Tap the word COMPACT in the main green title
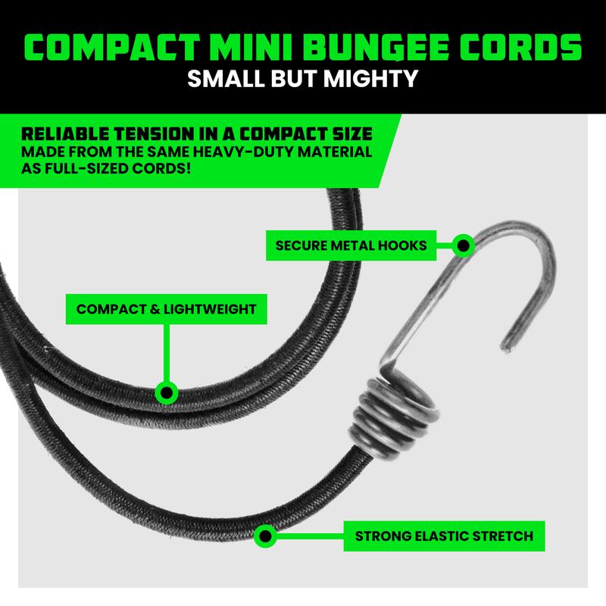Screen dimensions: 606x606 tap(112, 47)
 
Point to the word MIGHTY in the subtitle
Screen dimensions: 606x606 tap(370, 79)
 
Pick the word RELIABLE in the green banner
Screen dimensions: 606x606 tap(65, 134)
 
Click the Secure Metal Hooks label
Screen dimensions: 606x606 tap(351, 245)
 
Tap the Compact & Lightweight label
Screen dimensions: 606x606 tap(166, 309)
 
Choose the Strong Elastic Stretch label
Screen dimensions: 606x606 tap(444, 536)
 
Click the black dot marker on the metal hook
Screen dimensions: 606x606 tap(463, 245)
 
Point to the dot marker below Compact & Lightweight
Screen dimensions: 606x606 tap(167, 392)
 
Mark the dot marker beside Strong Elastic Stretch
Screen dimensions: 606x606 tap(265, 536)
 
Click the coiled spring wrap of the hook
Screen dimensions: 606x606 tap(393, 417)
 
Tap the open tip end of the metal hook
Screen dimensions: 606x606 tap(506, 347)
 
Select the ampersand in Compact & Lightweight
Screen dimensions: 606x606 tap(155, 309)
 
